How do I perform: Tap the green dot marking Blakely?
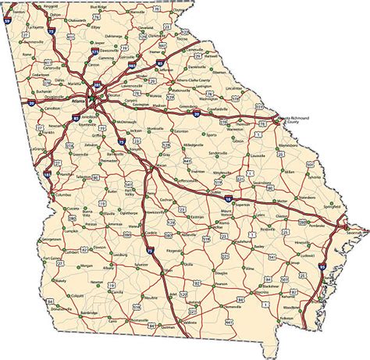click(48, 283)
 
